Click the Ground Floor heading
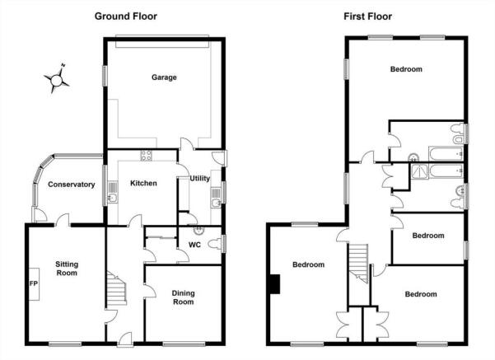point(126,16)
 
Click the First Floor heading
point(368,16)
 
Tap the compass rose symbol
point(57,79)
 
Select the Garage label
point(164,77)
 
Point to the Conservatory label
point(72,185)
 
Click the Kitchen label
point(143,183)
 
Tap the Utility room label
point(199,179)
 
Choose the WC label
point(194,245)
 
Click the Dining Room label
point(183,297)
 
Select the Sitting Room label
point(67,269)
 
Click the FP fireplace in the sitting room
point(34,284)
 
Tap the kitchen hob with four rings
point(146,156)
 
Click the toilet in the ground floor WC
point(215,245)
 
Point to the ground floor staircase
point(116,289)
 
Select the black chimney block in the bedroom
point(275,284)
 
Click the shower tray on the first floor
point(419,171)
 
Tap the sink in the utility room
point(216,198)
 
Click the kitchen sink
point(113,192)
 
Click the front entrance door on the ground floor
point(125,339)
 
